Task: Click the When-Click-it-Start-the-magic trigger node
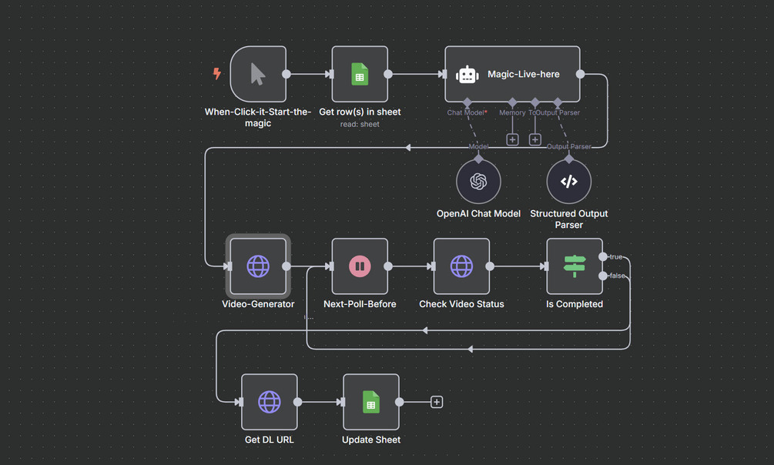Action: click(258, 74)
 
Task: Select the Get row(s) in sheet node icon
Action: click(360, 74)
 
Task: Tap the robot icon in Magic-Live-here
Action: click(467, 75)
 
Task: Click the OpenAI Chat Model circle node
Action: click(478, 182)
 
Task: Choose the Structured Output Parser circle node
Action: click(568, 182)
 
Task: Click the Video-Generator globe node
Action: click(258, 266)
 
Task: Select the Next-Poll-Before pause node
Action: click(360, 266)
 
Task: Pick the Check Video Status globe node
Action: click(461, 266)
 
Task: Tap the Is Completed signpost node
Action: click(575, 266)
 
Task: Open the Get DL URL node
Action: click(269, 402)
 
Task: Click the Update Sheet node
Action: click(370, 402)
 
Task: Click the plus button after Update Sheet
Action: click(437, 402)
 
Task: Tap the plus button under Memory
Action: click(512, 139)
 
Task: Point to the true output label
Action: click(616, 257)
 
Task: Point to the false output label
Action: click(617, 276)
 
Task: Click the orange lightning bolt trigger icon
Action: click(217, 74)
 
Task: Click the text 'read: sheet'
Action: click(360, 124)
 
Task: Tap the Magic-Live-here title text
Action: click(523, 75)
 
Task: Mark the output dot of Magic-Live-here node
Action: click(580, 74)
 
